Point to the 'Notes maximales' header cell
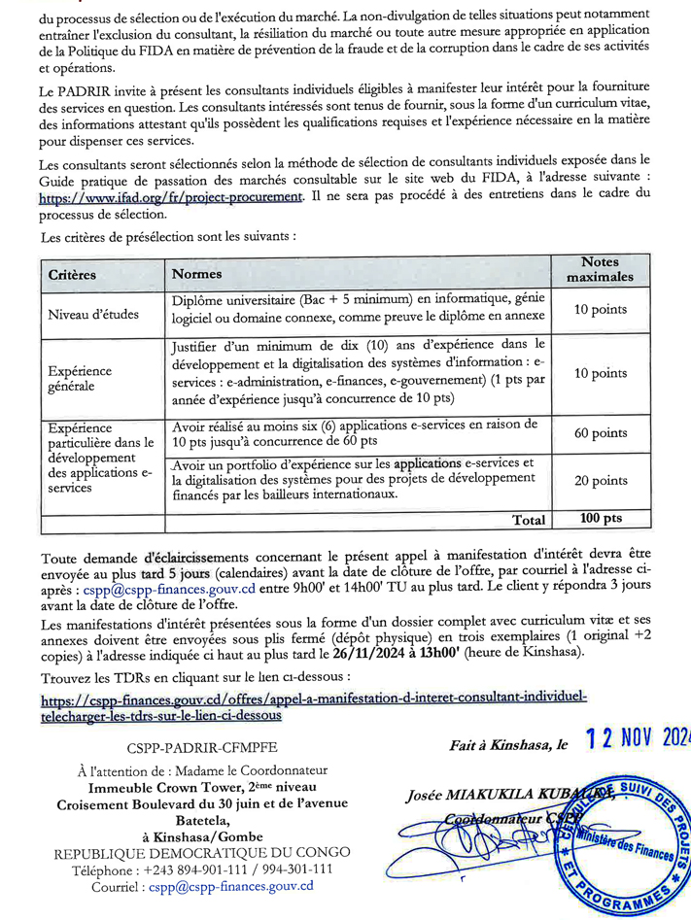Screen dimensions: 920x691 click(x=599, y=269)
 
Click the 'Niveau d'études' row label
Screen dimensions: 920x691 click(x=94, y=314)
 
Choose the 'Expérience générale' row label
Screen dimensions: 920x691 click(x=80, y=378)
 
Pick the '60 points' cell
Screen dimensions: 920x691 click(x=601, y=433)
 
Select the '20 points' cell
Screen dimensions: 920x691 click(x=601, y=481)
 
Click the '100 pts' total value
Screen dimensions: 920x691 click(x=601, y=519)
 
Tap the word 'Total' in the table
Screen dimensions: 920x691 click(x=529, y=520)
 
